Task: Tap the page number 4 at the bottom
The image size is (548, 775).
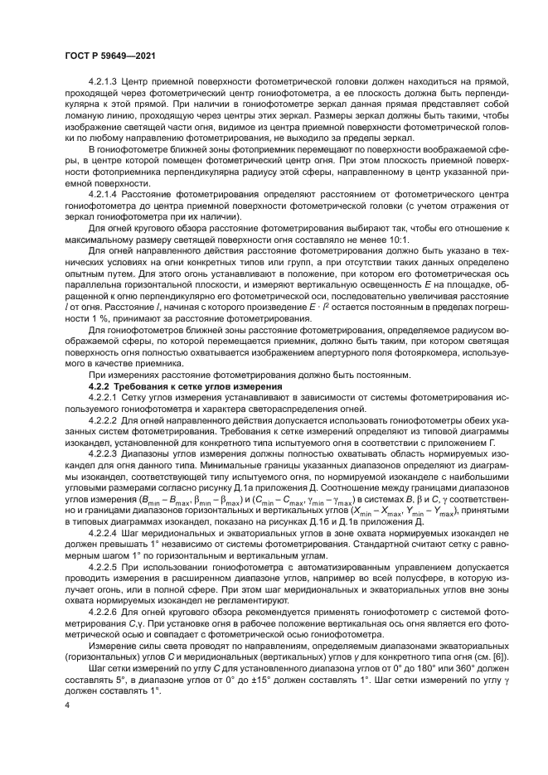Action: tap(68, 705)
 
